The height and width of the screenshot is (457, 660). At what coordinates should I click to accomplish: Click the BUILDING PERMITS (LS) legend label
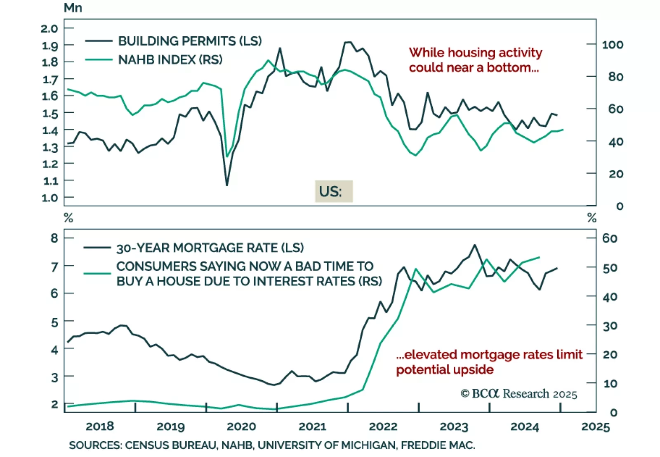190,41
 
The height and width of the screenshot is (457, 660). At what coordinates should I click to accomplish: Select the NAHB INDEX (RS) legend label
170,60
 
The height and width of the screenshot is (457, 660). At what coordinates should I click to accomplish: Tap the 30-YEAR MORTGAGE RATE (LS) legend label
210,248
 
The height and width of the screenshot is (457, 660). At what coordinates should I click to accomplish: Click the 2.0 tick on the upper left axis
49,28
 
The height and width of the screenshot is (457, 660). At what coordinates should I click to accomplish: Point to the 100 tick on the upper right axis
613,45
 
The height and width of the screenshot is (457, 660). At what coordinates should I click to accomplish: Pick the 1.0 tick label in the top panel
49,198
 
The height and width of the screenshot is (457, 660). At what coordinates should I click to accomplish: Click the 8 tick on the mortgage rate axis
54,238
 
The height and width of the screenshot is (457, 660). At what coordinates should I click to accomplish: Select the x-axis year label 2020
241,426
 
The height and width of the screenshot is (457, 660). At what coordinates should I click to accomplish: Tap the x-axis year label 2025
595,426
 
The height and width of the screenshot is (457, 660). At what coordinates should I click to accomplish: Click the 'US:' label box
334,192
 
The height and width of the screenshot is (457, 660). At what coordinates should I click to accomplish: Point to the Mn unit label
73,8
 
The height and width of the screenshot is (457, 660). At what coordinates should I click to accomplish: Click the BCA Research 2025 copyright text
519,394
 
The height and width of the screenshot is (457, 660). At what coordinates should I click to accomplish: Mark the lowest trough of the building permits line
227,185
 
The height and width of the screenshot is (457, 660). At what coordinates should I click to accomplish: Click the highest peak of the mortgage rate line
475,245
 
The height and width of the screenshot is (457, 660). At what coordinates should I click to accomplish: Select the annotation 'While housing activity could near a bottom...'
475,60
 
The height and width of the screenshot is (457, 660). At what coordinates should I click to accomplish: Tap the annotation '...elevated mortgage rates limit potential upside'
489,362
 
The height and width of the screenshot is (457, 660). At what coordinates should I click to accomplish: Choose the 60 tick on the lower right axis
610,238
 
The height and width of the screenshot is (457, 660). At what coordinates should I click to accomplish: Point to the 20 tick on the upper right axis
616,174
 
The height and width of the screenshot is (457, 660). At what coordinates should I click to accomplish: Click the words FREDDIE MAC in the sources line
438,445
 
